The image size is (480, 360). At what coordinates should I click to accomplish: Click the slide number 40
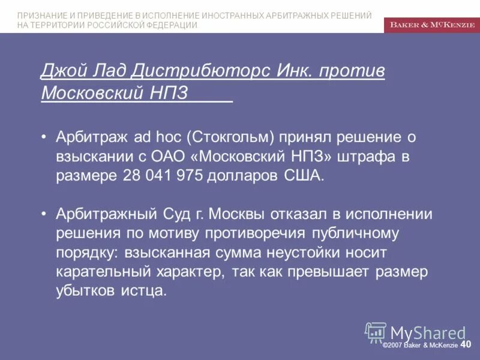coord(466,344)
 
